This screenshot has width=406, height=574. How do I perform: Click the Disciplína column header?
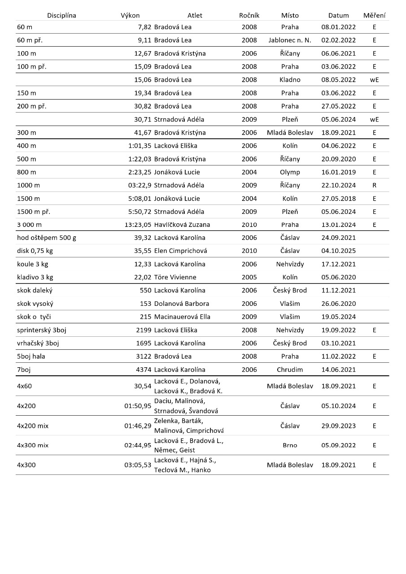point(61,15)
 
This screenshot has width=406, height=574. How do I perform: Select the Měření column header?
point(374,15)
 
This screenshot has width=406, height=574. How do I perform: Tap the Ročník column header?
point(249,15)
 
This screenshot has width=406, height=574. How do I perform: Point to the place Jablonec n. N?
point(289,40)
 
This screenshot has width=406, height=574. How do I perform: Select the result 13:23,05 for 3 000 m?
point(138,225)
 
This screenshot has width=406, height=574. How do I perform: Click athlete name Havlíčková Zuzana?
point(182,225)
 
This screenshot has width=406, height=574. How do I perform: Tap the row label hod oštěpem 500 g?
point(47,238)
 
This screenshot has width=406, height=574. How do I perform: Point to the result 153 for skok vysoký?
point(146,304)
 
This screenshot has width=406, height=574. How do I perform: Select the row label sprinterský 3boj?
point(42,330)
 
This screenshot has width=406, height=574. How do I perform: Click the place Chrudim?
point(290,370)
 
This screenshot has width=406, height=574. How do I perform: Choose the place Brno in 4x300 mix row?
point(290,445)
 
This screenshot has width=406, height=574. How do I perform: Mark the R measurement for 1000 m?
point(374,185)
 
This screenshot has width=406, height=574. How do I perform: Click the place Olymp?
point(290,172)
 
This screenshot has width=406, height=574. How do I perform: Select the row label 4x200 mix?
point(33,426)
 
